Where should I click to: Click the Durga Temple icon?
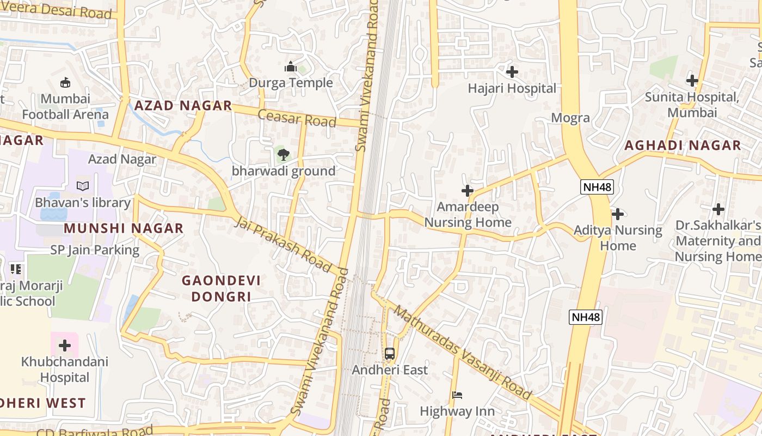(x=290, y=67)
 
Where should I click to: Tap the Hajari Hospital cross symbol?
(x=512, y=71)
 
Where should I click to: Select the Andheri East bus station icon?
(x=389, y=353)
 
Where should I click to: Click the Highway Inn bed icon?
(x=457, y=395)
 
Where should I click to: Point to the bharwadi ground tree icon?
(x=283, y=155)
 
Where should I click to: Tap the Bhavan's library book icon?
(x=83, y=186)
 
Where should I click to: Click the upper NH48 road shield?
(x=597, y=187)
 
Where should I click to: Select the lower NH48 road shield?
(x=586, y=317)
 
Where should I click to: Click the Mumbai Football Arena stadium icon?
(x=66, y=82)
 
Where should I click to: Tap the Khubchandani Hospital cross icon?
(x=65, y=346)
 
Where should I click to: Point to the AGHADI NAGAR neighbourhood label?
(x=683, y=146)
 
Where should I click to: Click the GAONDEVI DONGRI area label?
(x=221, y=288)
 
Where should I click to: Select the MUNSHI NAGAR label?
(x=124, y=228)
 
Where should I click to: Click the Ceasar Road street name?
(x=297, y=118)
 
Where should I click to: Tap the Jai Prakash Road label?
(x=283, y=244)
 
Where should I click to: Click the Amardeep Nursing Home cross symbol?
(x=467, y=191)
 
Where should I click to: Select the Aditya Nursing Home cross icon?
(x=617, y=214)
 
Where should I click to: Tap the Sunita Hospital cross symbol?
(x=692, y=81)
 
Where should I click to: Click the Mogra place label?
(x=570, y=118)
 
